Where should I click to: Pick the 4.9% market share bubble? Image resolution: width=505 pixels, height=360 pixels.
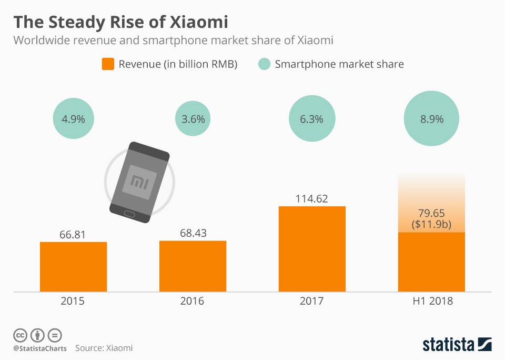tap(74, 119)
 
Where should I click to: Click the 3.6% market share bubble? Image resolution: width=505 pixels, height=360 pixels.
tap(193, 119)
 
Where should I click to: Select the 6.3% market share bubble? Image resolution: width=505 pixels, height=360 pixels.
tap(311, 119)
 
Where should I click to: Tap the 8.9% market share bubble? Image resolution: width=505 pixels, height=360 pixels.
tap(431, 119)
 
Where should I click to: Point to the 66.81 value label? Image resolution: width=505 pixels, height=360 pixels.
tap(74, 233)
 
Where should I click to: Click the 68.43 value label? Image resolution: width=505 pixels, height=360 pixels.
tap(193, 232)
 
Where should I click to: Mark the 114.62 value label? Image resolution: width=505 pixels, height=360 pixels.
tap(312, 198)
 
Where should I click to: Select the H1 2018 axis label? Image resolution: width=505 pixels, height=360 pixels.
tap(431, 302)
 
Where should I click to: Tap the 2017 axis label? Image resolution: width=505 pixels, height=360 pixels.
tap(312, 302)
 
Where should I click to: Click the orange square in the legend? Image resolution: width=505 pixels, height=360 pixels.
tap(108, 64)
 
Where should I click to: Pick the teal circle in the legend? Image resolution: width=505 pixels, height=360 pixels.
tap(265, 64)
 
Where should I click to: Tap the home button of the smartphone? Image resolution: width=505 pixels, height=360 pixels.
tap(129, 213)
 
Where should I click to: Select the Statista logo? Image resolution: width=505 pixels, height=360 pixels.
tap(457, 344)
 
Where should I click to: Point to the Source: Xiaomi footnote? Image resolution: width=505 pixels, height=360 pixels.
tap(104, 348)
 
